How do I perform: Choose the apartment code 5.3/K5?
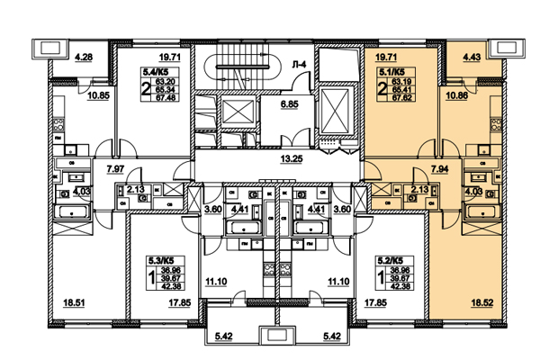click(x=160, y=258)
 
